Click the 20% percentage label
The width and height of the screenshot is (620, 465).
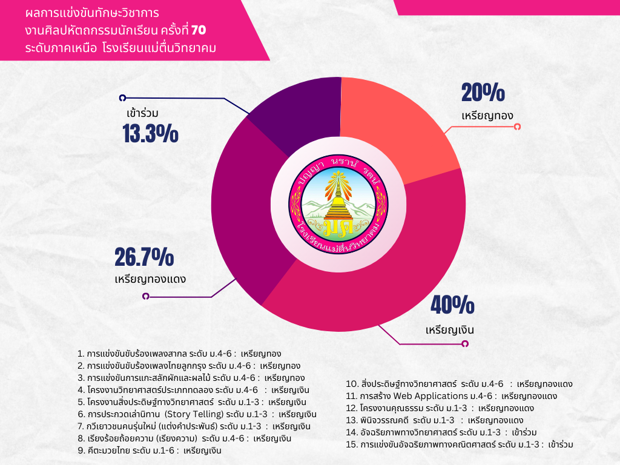(x=483, y=93)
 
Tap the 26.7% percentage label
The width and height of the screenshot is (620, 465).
(x=144, y=257)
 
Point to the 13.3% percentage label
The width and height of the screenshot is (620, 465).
(x=150, y=133)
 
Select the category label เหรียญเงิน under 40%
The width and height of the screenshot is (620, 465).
(x=449, y=331)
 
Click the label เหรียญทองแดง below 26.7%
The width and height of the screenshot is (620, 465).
(x=150, y=280)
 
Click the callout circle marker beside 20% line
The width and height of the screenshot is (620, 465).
(x=517, y=127)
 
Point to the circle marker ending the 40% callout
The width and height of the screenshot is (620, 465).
(x=465, y=344)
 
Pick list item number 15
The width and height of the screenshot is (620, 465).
(x=460, y=444)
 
